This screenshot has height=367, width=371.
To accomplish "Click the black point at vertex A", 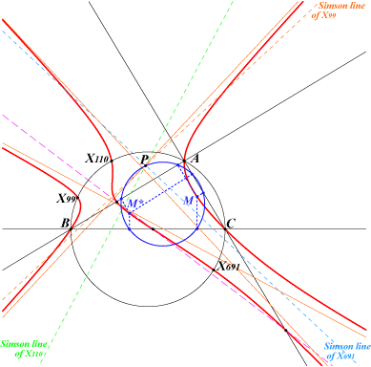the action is coord(184,161).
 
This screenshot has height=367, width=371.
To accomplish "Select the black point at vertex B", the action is coord(71,228).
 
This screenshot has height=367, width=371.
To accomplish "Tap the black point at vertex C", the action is coord(225,228).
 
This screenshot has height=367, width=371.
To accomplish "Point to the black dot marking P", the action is coord(145,165).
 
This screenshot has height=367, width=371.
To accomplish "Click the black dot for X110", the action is coord(112,161).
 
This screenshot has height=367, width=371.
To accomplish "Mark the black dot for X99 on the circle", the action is coord(77,198).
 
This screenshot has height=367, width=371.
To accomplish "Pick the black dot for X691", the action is coord(214,270).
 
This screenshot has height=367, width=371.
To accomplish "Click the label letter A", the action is coord(195,158).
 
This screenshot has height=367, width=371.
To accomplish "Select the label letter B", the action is coord(65,223).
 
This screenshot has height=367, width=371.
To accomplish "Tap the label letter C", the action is coord(231,223).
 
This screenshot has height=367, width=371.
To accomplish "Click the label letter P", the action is coord(145,159).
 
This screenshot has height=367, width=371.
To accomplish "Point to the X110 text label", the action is coord(97,158).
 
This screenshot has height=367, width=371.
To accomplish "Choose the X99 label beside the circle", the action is coord(67,199).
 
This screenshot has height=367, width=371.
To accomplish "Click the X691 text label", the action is coord(229,266).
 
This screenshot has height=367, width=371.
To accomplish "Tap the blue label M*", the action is coord(134,204).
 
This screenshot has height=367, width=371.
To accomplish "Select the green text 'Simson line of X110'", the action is coord(24,349).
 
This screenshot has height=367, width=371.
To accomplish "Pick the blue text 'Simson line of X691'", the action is coord(347,351).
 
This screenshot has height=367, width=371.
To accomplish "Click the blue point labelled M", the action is coord(197,197).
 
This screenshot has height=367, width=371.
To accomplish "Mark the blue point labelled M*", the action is coord(130,213).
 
